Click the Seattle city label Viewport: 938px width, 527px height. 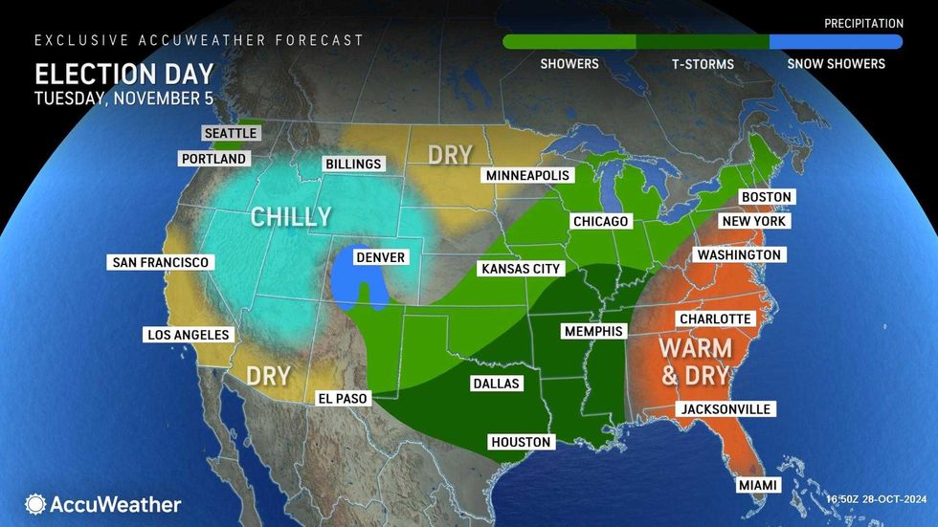point(231,133)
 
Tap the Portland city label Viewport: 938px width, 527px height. point(212,159)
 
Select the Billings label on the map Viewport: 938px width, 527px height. point(352,164)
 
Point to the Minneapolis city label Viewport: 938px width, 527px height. point(527,176)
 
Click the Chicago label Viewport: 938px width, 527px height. point(600,222)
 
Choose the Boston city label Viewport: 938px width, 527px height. point(767,197)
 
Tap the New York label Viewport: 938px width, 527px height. point(754,221)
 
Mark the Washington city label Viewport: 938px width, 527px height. point(739,255)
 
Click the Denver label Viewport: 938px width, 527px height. point(380,257)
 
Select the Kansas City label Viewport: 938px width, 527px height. point(520,269)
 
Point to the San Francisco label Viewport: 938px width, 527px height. point(160,262)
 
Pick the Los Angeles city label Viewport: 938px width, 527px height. point(188,335)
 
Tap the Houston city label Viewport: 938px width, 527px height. point(520,442)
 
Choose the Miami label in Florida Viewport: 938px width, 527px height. point(757,486)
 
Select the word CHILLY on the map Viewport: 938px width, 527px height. point(291,217)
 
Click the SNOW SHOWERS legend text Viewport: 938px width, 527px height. point(836,64)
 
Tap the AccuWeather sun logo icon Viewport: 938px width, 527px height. point(36,504)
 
